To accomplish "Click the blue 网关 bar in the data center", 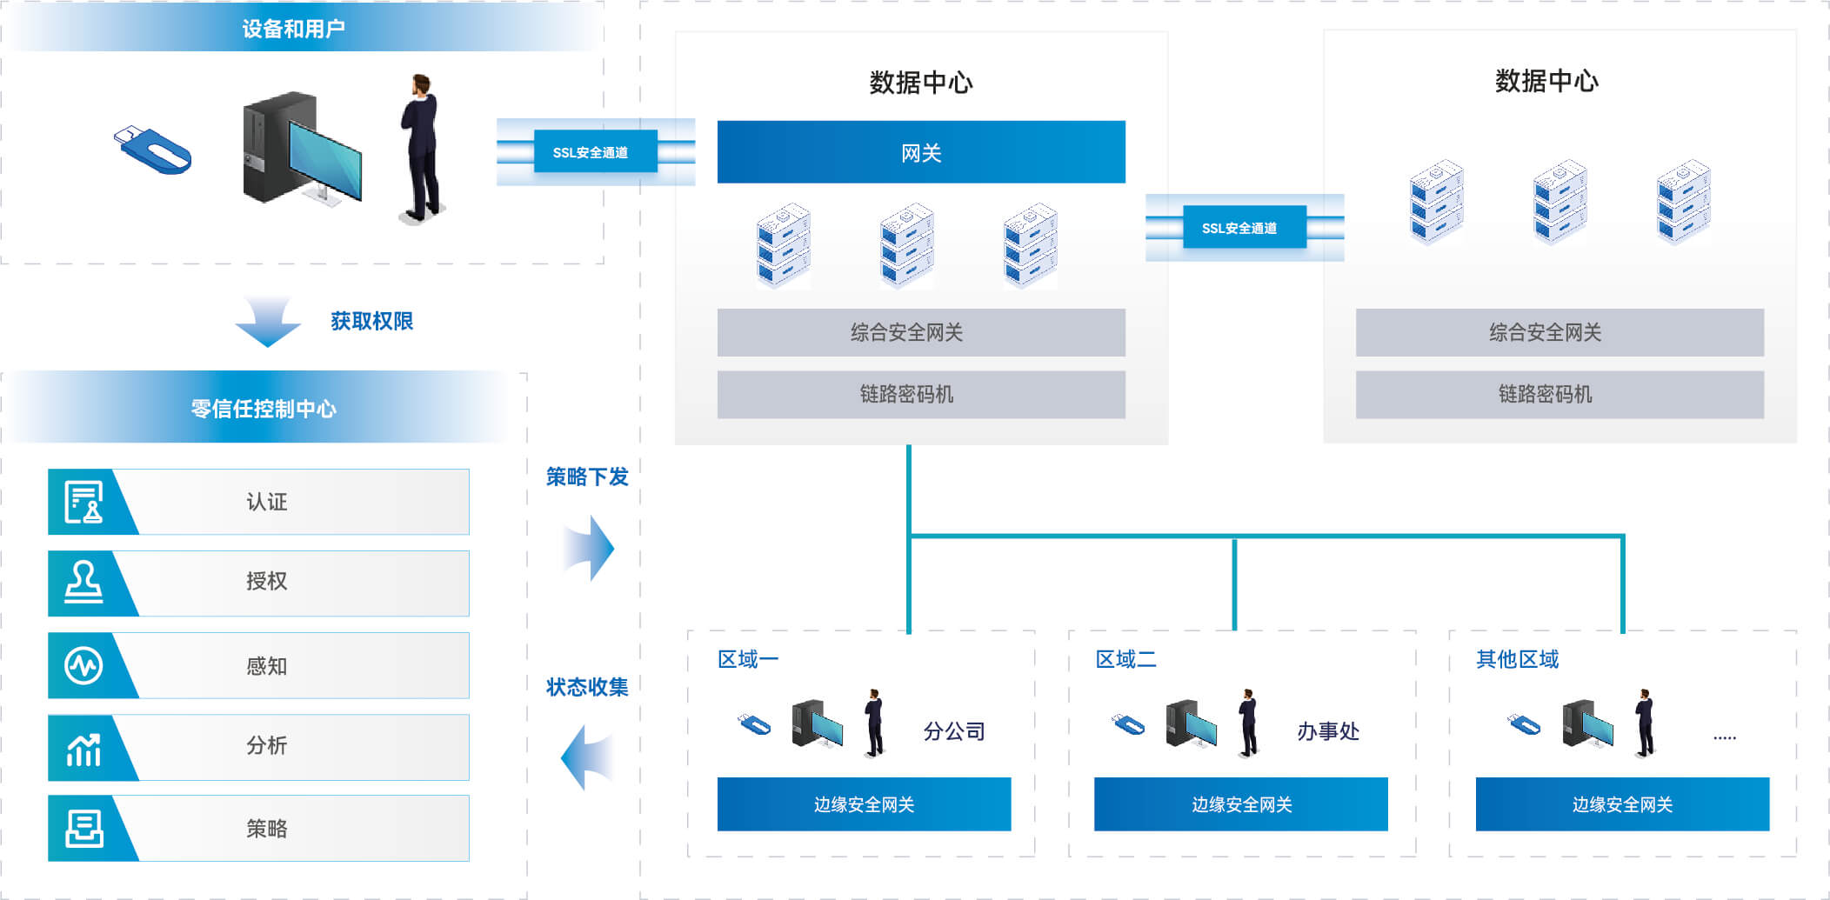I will click(920, 152).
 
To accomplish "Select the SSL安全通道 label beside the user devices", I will click(591, 152).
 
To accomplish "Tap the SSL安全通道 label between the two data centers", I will click(1239, 228).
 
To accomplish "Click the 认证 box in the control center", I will click(266, 502).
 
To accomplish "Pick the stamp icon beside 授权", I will click(83, 582).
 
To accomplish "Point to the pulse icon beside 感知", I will click(83, 666).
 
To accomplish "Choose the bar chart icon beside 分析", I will click(83, 748).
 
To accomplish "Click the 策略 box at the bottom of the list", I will click(266, 829).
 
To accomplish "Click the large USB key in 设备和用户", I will click(154, 150).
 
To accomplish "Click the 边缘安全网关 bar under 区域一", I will click(864, 804).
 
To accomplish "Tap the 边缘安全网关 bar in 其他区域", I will click(1622, 804).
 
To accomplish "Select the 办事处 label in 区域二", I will click(1328, 731).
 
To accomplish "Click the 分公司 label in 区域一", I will click(954, 731).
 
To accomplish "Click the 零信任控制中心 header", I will click(264, 408).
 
